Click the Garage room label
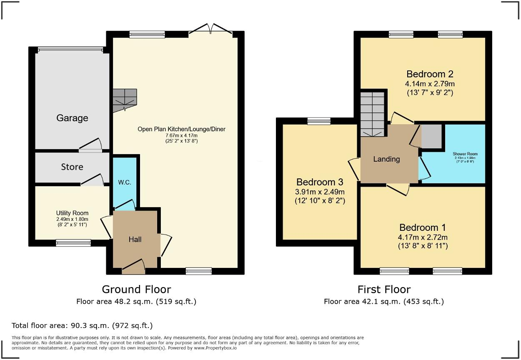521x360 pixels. [72, 118]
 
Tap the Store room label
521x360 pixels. [72, 167]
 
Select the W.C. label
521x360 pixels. [125, 182]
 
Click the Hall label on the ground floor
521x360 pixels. [135, 239]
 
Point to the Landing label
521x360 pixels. [386, 159]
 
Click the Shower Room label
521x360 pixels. [464, 154]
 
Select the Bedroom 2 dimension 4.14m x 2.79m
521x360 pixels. [430, 84]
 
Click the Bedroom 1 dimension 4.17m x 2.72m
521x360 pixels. [423, 237]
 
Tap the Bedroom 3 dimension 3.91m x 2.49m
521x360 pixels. [320, 192]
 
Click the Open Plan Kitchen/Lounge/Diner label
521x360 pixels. [181, 129]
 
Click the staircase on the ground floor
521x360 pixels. [125, 100]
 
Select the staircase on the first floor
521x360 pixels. [372, 114]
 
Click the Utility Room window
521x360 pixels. [73, 242]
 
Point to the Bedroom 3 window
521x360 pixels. [319, 121]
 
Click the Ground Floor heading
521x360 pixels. [136, 289]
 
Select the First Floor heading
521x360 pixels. [384, 289]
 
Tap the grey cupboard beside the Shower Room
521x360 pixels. [431, 136]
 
